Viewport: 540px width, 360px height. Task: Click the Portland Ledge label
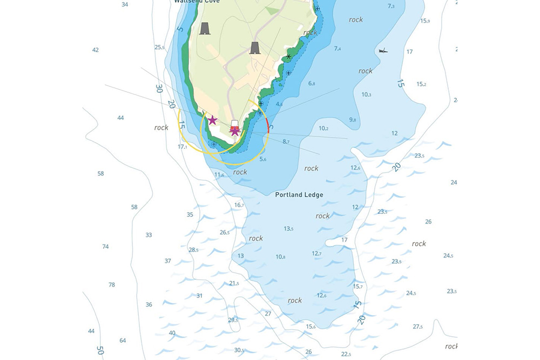point(299,195)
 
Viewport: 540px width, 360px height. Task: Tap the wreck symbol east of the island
point(383,51)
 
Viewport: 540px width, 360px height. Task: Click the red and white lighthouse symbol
point(234,128)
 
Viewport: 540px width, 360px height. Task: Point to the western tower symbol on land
point(205,28)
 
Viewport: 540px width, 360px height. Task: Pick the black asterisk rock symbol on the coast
point(289,56)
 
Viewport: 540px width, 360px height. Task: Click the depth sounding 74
point(105,247)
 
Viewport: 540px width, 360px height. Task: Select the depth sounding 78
point(112,284)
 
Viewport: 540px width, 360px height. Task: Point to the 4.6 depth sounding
point(280,104)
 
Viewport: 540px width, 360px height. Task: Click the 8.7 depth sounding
point(286,142)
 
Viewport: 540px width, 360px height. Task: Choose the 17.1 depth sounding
point(183,147)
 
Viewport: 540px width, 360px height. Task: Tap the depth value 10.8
point(280,257)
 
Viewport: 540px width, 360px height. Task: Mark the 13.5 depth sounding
point(288,229)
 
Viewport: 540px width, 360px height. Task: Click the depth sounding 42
point(96,50)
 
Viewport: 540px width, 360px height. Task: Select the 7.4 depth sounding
point(337,49)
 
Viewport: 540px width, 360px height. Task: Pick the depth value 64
point(123,340)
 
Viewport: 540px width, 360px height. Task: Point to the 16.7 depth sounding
point(239,205)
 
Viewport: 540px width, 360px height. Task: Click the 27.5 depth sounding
point(417,327)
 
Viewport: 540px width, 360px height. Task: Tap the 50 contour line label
point(100,349)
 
